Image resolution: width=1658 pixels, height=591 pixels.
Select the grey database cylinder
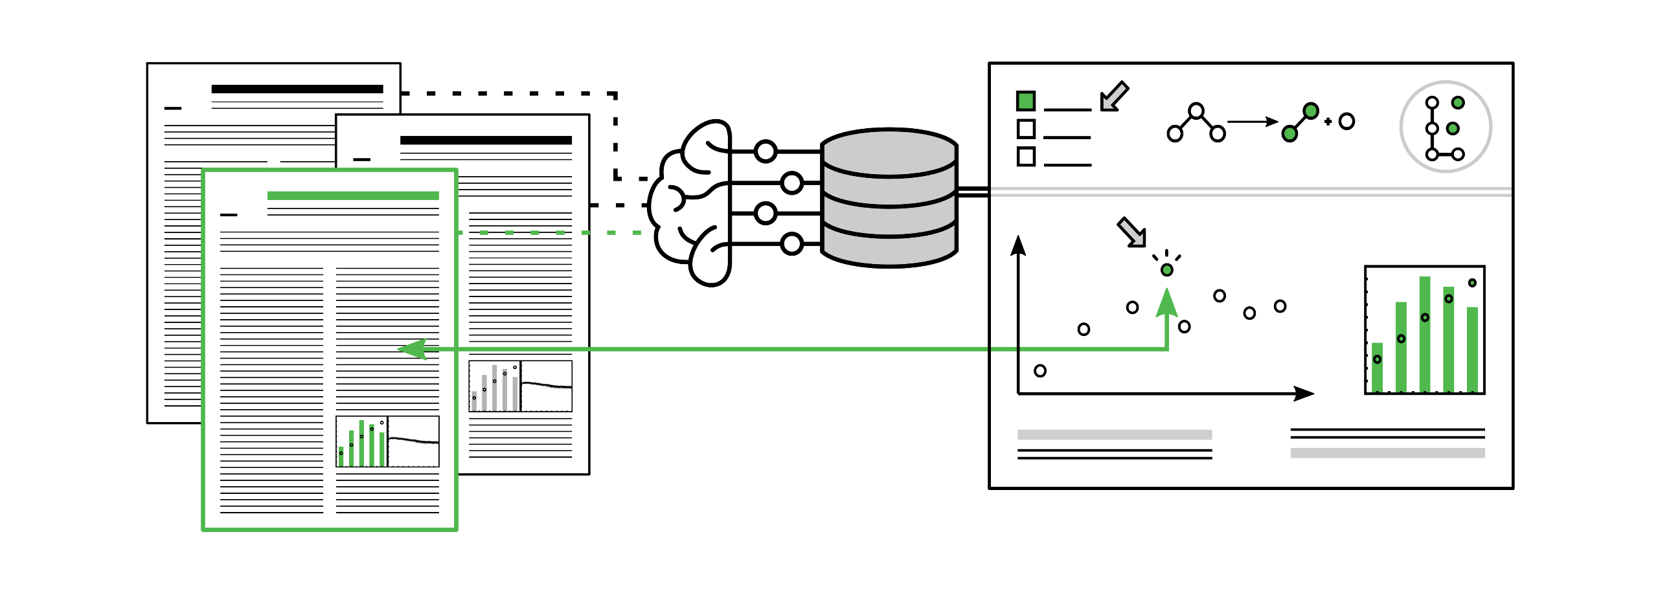coord(889,197)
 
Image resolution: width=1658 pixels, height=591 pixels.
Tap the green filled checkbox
coord(1026,101)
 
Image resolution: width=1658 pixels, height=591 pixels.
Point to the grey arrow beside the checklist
coord(1114,97)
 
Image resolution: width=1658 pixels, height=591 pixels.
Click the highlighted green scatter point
coord(1166,270)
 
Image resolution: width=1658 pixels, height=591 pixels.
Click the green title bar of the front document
coord(353,195)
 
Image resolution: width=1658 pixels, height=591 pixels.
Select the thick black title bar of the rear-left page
coord(297,89)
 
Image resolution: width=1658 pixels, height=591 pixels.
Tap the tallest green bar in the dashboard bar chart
coord(1425,333)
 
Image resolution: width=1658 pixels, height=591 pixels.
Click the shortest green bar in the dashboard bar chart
coord(1378,367)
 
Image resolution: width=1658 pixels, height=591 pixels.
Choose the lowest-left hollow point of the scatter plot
coord(1040,371)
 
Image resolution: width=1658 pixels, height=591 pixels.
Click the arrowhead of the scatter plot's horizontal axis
coord(1304,394)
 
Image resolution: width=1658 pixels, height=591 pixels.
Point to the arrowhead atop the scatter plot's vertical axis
coord(1019,246)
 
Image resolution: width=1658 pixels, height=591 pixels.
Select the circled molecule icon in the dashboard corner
coord(1446,127)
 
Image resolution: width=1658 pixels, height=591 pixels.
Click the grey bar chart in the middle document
coord(495,387)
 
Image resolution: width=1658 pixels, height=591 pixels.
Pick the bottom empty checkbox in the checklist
coord(1026,157)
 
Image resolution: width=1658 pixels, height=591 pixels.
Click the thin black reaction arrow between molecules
coord(1253,122)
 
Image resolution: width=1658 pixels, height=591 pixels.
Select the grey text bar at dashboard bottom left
coord(1115,435)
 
